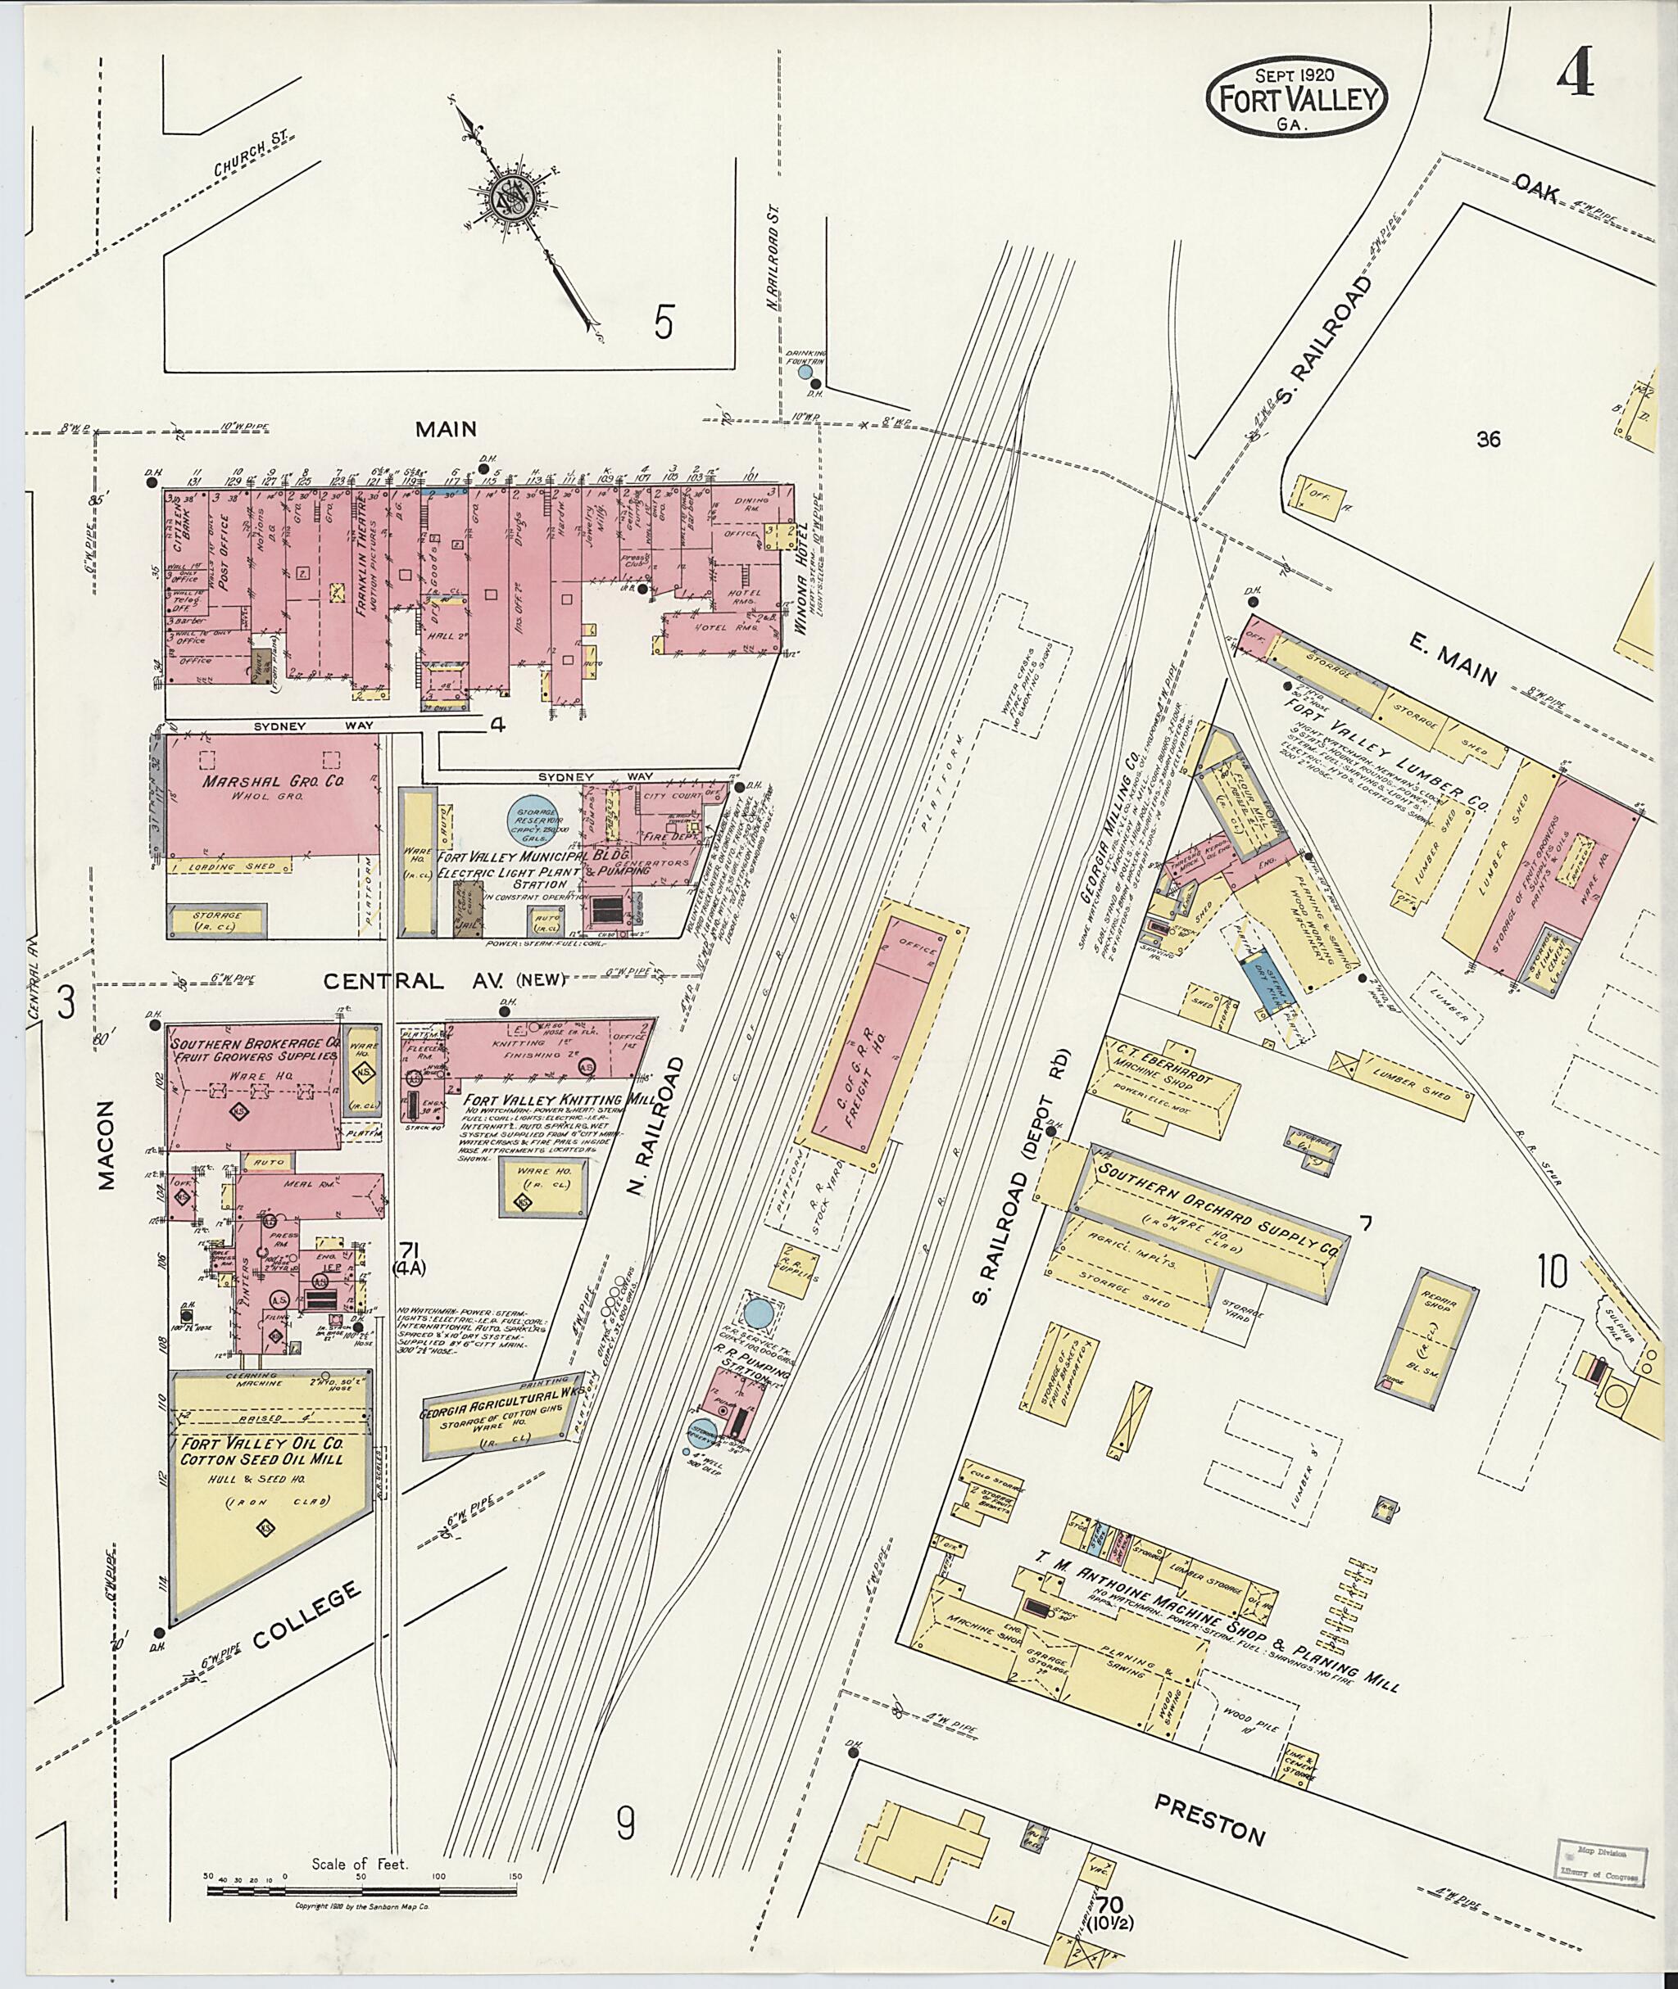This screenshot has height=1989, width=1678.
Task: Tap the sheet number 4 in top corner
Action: (x=1576, y=75)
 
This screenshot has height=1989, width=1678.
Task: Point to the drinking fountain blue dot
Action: (x=805, y=372)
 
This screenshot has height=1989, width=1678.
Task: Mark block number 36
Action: (x=1489, y=438)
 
